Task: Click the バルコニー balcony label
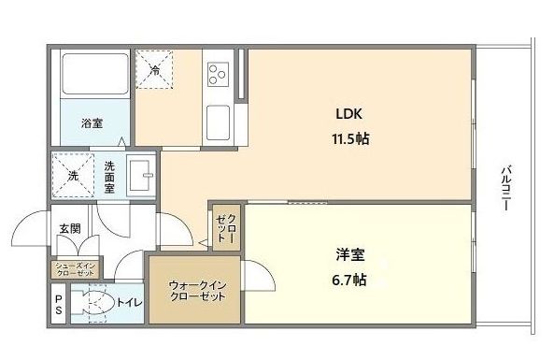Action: point(505,188)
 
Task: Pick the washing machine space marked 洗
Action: point(72,176)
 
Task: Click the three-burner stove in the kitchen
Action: point(219,72)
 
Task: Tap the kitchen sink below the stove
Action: point(219,121)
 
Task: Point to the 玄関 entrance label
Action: point(70,227)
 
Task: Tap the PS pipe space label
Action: point(58,305)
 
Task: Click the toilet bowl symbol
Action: point(92,304)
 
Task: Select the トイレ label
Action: point(128,303)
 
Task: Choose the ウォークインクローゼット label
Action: point(196,290)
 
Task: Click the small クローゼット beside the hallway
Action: point(226,227)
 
